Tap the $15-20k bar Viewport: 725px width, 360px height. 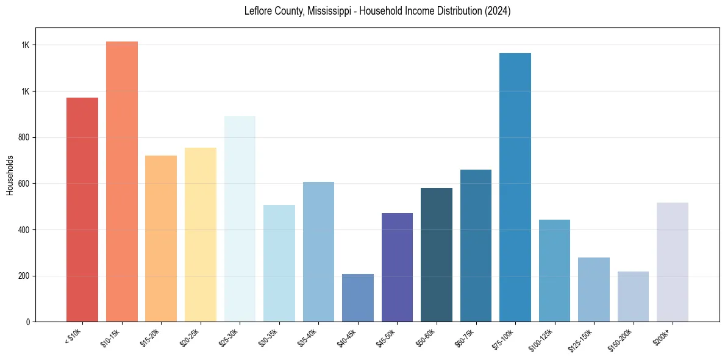pos(161,239)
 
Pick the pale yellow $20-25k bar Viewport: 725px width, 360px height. pos(201,234)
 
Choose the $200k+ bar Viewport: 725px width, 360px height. pos(673,262)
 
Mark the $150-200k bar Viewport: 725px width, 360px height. pos(633,297)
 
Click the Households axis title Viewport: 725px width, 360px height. pos(10,175)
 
